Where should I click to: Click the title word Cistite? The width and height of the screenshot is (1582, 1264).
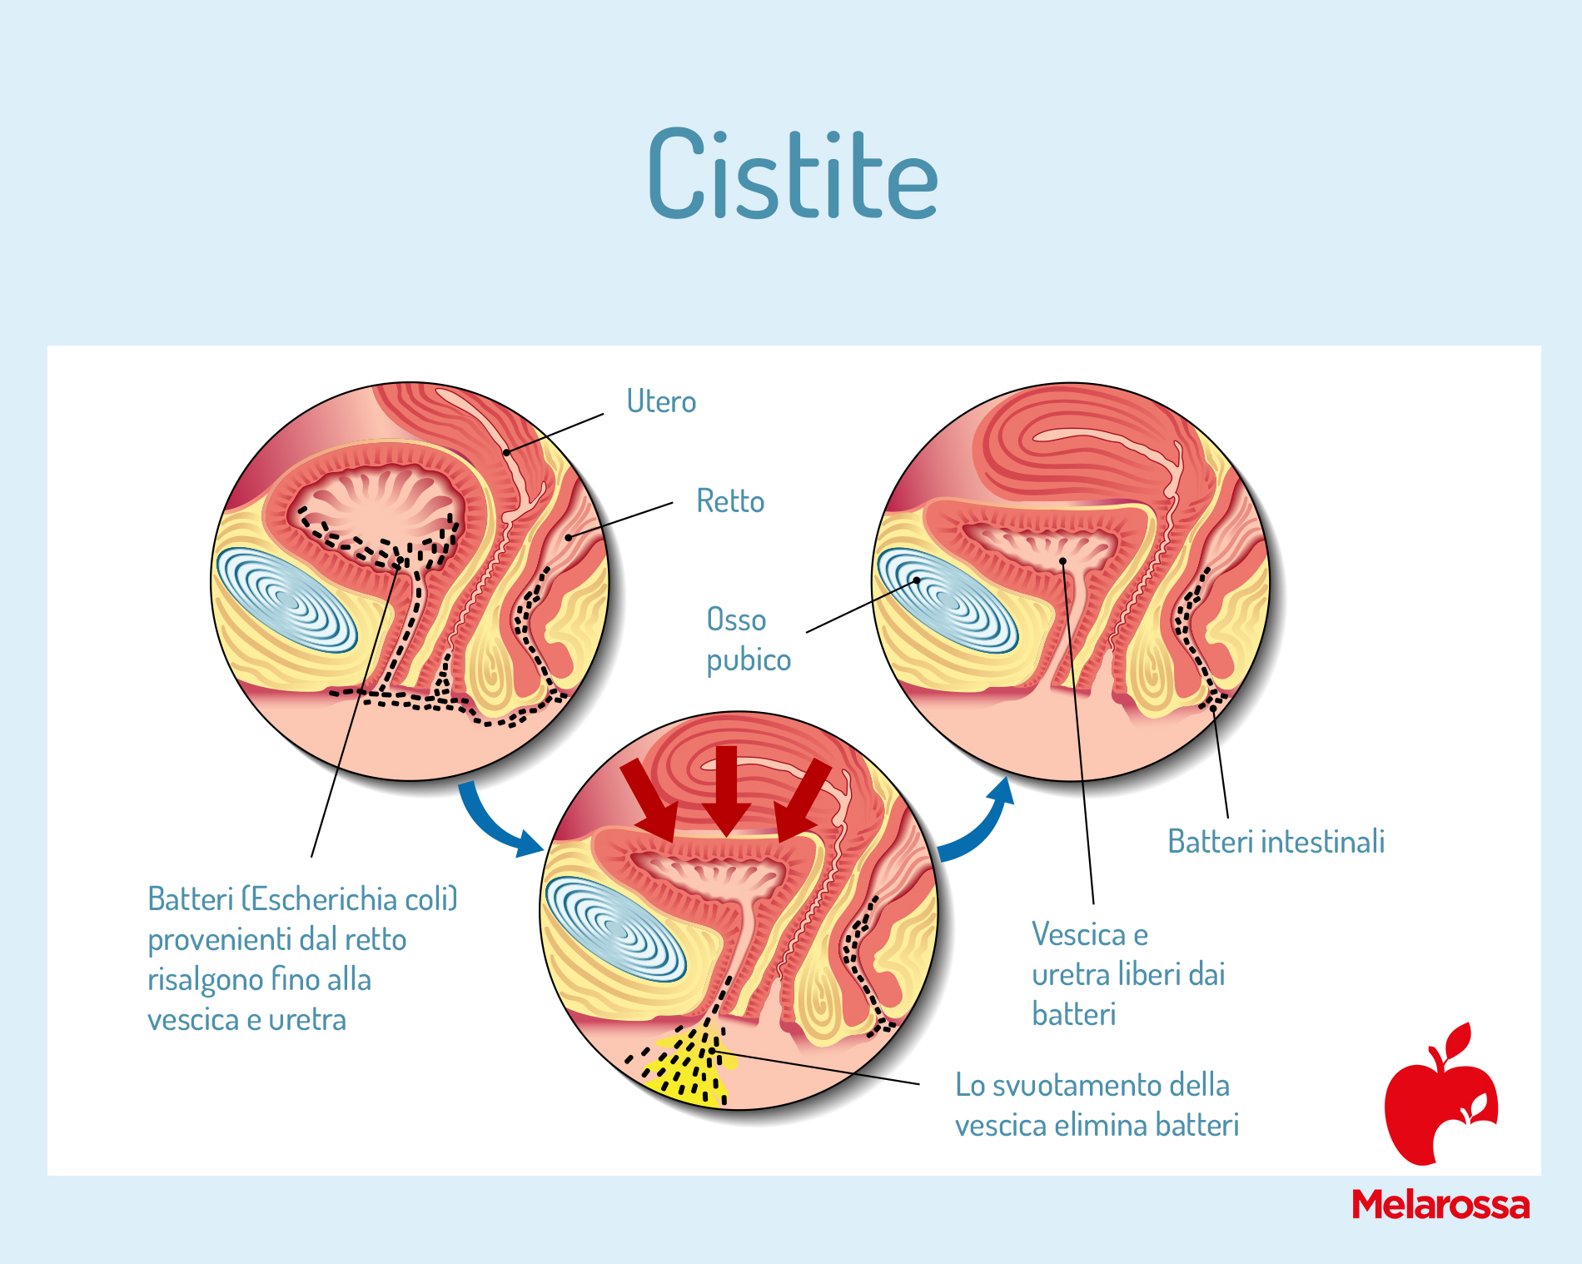coord(793,174)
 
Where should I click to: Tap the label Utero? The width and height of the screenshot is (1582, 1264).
coord(661,401)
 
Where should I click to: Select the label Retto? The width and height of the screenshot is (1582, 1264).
coord(730,501)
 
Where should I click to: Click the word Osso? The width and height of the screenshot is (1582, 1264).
coord(736,620)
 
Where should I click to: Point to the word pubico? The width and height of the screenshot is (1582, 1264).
coord(749,660)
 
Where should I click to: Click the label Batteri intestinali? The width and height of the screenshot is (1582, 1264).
coord(1276,841)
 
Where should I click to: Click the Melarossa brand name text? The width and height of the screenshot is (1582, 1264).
coord(1440,1205)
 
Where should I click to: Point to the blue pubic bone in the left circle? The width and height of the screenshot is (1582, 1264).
coord(287,600)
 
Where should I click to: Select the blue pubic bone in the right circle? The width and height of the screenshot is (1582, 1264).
coord(948,600)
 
